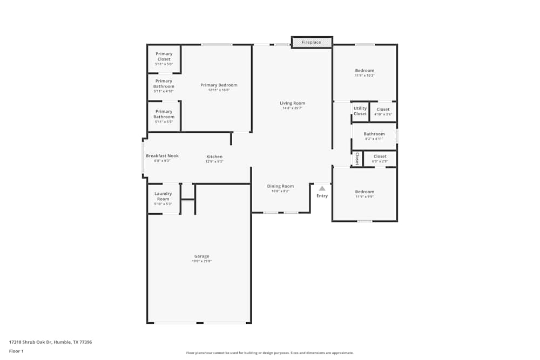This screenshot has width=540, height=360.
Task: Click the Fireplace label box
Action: (312, 42)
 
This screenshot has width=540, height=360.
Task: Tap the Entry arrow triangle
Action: (322, 188)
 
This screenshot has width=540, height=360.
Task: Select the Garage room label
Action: (201, 256)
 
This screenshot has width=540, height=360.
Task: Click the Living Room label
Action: (292, 103)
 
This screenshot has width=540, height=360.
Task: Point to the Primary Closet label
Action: (164, 56)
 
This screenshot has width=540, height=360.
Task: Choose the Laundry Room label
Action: (163, 196)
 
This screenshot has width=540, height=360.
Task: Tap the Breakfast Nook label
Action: (162, 156)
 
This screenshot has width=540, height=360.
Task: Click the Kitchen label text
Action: (214, 157)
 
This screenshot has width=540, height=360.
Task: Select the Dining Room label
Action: (280, 186)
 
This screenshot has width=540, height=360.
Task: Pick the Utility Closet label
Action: (360, 111)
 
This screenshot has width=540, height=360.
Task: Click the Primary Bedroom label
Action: (219, 85)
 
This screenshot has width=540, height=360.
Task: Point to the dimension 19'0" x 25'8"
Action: (201, 262)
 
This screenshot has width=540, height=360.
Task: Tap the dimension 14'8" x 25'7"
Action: (292, 108)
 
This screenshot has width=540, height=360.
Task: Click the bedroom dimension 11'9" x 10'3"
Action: (364, 76)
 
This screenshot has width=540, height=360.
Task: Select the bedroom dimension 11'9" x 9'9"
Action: (364, 197)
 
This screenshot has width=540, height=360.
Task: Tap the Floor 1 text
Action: (16, 351)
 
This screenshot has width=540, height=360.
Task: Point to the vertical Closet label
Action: (357, 159)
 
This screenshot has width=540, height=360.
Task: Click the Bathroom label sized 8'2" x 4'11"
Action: (374, 134)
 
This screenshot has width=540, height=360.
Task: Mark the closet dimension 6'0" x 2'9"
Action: (380, 161)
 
